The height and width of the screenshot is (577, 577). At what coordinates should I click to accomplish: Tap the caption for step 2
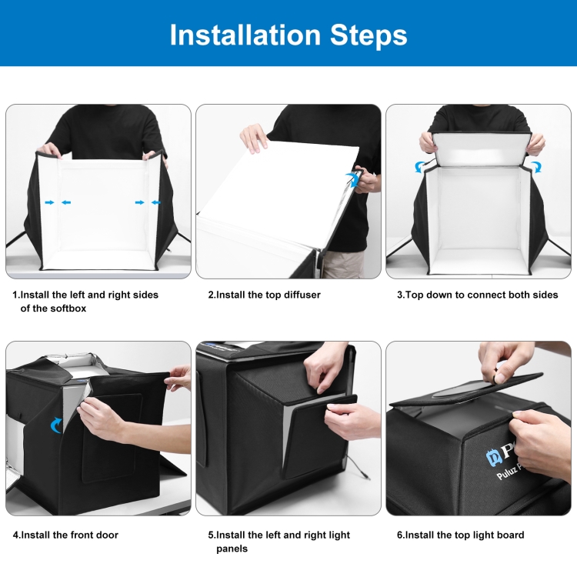tap(264, 295)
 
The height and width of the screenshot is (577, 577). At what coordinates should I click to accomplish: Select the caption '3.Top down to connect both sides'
tap(477, 295)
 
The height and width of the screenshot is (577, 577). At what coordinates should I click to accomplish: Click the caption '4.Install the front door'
tap(65, 535)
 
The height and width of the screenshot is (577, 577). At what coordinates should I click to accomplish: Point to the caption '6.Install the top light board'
tap(460, 535)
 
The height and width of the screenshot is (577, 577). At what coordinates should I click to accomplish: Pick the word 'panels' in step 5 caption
tap(232, 549)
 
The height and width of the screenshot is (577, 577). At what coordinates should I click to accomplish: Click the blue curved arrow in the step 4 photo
tap(56, 425)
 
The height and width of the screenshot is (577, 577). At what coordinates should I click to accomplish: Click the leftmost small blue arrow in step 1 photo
tap(49, 202)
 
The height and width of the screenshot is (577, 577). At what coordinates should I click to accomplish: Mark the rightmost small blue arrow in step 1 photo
tap(156, 202)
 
